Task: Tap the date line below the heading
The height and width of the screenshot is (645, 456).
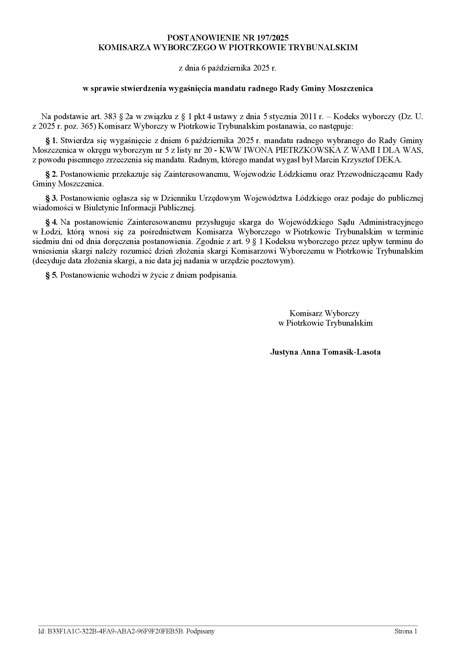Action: tap(228, 68)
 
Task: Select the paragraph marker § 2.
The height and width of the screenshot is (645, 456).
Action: tap(52, 174)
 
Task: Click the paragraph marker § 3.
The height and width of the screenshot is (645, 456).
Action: tap(52, 198)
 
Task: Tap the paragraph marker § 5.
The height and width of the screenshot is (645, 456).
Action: tap(52, 275)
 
